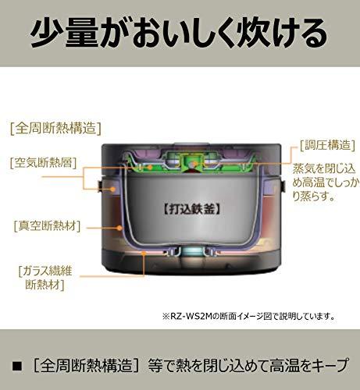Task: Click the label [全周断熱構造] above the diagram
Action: (x=55, y=129)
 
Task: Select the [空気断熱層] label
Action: (x=43, y=163)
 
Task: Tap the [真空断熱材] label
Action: (x=47, y=226)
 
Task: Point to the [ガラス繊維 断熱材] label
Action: (x=45, y=278)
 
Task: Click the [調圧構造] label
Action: (x=327, y=145)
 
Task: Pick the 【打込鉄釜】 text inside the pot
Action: (x=192, y=209)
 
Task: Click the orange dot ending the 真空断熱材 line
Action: (x=119, y=228)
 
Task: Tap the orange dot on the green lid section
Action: (x=150, y=167)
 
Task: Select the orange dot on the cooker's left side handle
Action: (x=112, y=189)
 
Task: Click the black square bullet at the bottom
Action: (x=17, y=366)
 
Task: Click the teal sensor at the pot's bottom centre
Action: (x=192, y=252)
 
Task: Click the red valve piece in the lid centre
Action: (x=192, y=171)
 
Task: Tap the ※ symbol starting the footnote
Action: (x=166, y=317)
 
